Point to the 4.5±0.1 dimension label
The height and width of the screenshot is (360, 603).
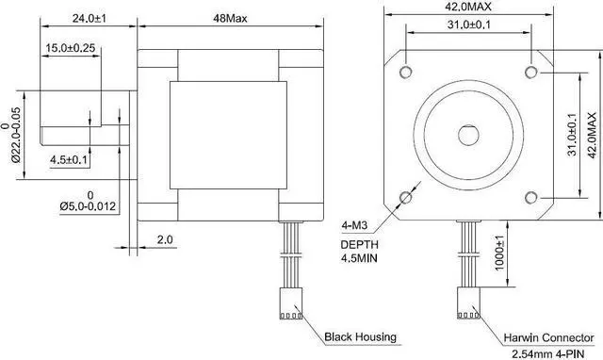coord(69,160)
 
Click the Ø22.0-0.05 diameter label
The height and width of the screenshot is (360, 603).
coord(16,127)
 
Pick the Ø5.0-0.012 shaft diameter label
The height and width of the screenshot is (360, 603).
coord(89,205)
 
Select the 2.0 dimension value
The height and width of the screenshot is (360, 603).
coord(164,240)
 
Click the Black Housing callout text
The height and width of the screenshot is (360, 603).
coord(360,336)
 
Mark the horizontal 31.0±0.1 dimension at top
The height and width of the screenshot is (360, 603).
coord(467,24)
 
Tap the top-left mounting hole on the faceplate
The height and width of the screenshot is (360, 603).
coord(405,72)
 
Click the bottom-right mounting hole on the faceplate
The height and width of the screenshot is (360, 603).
coord(531,196)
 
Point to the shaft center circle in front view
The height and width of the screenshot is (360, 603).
coord(468,134)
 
